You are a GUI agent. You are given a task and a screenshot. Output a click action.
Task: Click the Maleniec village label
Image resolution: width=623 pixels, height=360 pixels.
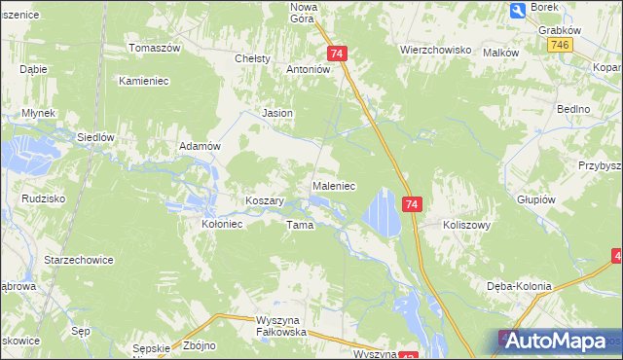click(333, 185)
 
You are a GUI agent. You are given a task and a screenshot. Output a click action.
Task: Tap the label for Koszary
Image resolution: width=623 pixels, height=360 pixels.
click(264, 200)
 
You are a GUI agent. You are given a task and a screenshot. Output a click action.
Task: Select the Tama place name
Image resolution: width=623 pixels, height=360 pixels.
click(299, 225)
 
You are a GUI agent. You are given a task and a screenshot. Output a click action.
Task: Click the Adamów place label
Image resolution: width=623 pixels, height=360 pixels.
click(202, 145)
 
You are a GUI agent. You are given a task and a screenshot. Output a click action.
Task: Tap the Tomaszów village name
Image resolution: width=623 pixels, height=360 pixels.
click(156, 48)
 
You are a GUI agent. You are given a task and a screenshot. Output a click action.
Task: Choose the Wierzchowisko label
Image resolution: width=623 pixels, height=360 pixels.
click(435, 49)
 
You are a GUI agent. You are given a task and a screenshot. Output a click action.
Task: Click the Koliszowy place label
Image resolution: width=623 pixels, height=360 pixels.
click(465, 223)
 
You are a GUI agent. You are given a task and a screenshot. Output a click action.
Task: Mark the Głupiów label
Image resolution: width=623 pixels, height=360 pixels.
click(536, 198)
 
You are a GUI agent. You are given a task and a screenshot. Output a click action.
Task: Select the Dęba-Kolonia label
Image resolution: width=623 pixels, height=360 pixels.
click(519, 286)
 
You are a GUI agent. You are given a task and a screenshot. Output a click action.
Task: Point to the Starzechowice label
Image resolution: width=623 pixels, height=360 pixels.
click(80, 261)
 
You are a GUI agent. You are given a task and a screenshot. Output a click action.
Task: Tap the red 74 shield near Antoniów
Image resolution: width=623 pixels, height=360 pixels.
click(337, 54)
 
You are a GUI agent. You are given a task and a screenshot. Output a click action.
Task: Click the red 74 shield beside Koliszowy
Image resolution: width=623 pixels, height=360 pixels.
click(413, 204)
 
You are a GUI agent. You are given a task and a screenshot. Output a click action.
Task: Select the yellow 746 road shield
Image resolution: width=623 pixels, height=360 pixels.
click(559, 46)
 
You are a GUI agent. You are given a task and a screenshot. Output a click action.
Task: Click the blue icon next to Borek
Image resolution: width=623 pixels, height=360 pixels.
click(518, 11)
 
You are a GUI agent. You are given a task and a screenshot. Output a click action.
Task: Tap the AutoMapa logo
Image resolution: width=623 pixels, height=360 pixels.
click(558, 341)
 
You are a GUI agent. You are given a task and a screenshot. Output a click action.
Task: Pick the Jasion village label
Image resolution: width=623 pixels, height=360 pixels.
click(278, 113)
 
